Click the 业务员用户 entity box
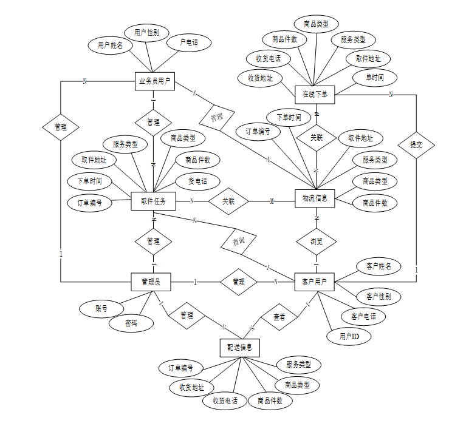click(x=154, y=81)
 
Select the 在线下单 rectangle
click(x=315, y=94)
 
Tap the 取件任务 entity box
click(x=153, y=201)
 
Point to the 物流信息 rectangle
click(x=315, y=198)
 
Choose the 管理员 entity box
click(x=151, y=282)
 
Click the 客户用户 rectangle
click(x=314, y=282)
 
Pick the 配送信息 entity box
click(x=239, y=348)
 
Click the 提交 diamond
click(x=416, y=145)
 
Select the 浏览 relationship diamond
click(x=316, y=241)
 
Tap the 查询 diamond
click(x=240, y=241)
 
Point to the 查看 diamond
click(x=279, y=317)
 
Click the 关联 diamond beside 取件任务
click(x=228, y=201)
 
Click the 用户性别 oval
click(x=146, y=32)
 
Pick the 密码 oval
click(x=131, y=323)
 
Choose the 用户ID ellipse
click(x=348, y=336)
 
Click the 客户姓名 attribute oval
click(x=379, y=266)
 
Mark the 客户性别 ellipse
click(x=379, y=297)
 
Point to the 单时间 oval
click(x=375, y=78)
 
